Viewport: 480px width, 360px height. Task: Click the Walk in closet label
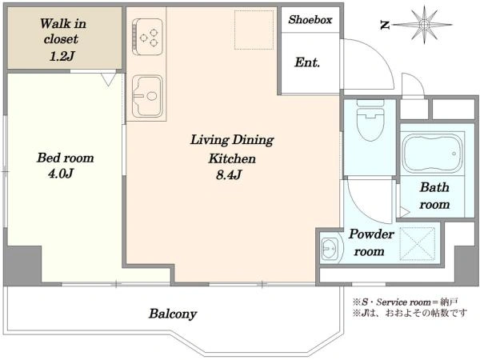point(63,39)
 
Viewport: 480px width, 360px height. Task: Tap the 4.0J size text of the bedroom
point(61,174)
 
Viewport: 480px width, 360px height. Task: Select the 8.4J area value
point(229,174)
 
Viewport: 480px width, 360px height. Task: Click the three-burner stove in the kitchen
point(147,37)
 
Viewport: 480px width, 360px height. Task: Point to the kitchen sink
point(147,97)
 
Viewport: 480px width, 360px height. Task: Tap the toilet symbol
point(370,120)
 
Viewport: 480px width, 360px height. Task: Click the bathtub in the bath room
point(432,154)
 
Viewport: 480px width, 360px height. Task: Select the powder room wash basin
point(329,249)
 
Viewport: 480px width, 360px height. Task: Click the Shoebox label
point(310,20)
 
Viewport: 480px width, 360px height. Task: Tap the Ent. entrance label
point(307,62)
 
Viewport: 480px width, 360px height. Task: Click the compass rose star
point(424,25)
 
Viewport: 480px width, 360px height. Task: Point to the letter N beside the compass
point(385,25)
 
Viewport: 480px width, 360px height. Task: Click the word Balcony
point(173,314)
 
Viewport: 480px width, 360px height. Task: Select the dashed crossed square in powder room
point(418,244)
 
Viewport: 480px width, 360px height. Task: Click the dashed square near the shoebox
point(254,30)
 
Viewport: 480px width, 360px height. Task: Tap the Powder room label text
point(370,242)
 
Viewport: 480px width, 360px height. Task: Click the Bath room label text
point(434,196)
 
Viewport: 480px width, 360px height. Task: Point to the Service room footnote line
point(406,302)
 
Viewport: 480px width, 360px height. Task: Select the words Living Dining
point(232,140)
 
